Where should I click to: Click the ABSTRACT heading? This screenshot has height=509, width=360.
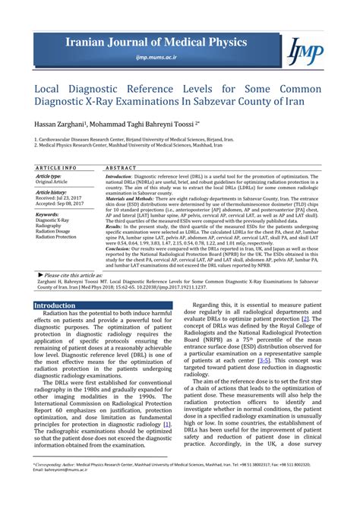pyautogui.click(x=121, y=167)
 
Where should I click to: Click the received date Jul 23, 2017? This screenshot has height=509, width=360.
pyautogui.click(x=71, y=198)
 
